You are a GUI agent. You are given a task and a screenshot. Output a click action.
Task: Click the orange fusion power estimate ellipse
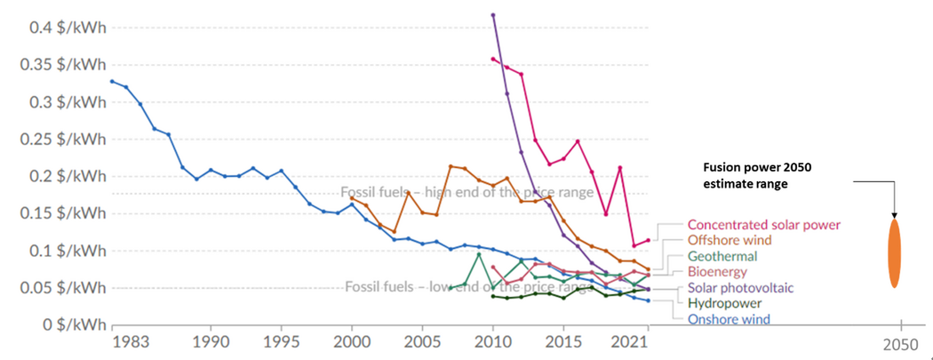(894, 252)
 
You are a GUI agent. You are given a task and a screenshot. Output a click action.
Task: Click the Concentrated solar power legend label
(763, 224)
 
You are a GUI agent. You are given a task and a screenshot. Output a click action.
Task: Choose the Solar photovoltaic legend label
(741, 288)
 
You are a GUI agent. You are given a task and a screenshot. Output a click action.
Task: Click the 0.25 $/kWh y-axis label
(62, 140)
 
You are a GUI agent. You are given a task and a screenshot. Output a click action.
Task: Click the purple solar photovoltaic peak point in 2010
(493, 15)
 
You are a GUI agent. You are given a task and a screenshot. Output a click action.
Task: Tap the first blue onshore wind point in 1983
(112, 82)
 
